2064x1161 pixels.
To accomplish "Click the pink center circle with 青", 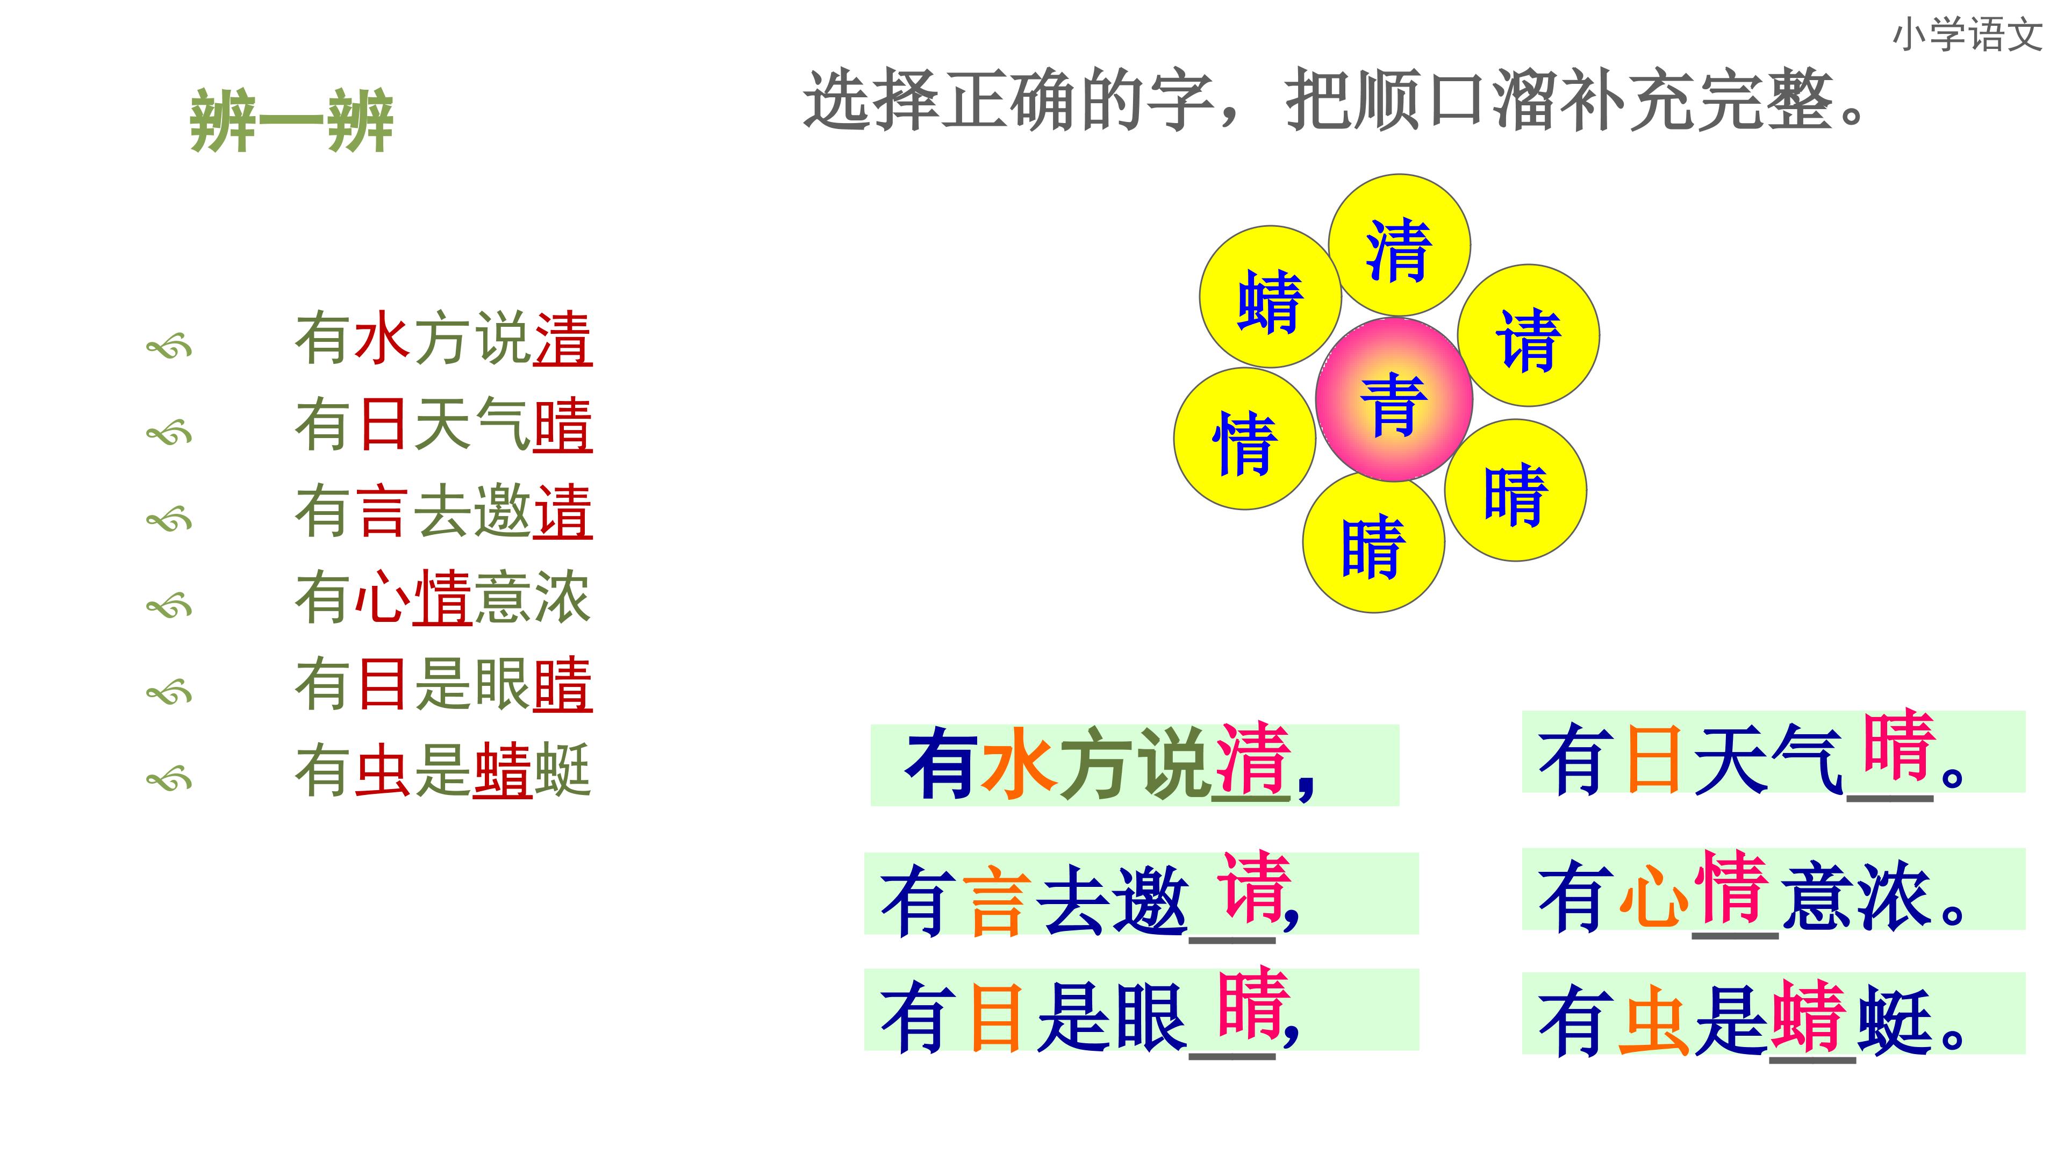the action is pos(1394,399).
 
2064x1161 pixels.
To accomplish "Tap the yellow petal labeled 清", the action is pos(1399,245).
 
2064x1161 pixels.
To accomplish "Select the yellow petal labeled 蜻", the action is pos(1270,297).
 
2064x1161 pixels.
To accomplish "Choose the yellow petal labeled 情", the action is pos(1244,438).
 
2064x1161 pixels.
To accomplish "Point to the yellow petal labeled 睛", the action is pos(1373,542).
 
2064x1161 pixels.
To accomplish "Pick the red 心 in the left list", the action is pos(382,598).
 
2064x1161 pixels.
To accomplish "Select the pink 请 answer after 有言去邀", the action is pos(1253,887).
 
